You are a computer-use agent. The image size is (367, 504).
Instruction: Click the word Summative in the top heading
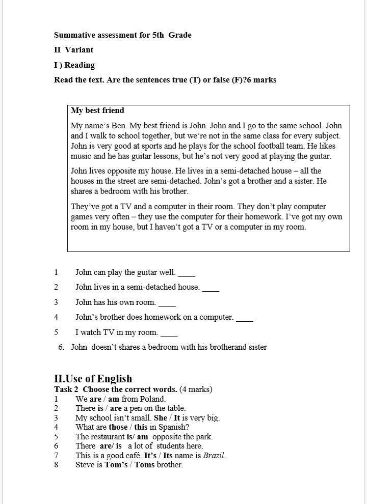point(73,35)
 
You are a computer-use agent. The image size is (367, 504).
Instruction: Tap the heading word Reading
point(80,65)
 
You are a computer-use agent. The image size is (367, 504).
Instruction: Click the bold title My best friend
point(97,110)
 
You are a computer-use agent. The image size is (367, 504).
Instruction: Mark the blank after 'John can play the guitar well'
point(187,273)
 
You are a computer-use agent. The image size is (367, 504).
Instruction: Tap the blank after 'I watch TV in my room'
point(169,333)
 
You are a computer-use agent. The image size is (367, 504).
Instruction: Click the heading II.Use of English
point(93,379)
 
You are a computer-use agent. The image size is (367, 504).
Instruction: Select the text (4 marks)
point(196,389)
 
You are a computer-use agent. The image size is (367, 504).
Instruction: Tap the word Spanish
point(173,427)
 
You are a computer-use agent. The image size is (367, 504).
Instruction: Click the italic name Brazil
point(214,456)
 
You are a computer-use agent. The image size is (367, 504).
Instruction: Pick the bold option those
point(118,427)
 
